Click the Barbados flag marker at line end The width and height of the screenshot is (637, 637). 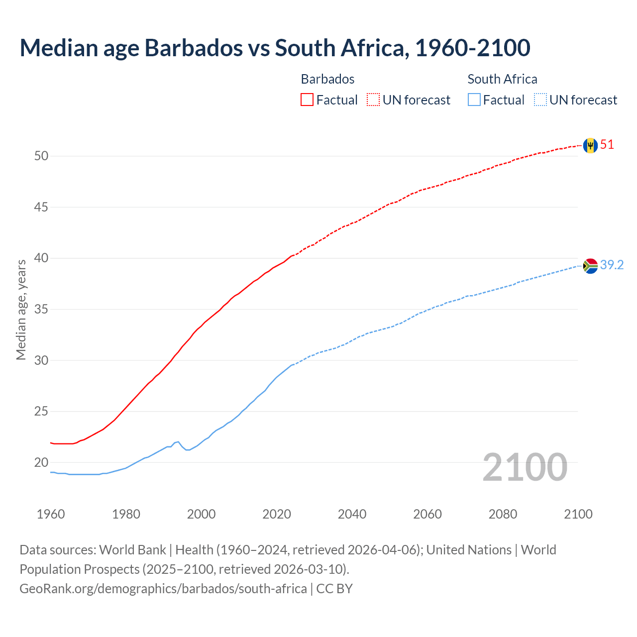tap(590, 145)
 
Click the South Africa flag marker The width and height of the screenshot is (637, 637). tap(590, 266)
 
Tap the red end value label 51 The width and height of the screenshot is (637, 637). tap(607, 145)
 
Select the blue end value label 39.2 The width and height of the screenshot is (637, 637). tap(612, 265)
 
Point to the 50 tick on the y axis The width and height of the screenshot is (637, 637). tap(41, 156)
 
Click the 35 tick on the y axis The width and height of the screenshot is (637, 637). tap(41, 310)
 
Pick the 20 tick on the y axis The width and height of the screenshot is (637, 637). tap(41, 463)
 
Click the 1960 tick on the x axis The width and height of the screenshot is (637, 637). tap(51, 514)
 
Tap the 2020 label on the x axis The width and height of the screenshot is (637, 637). tap(277, 514)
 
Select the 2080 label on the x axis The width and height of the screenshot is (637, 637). tap(503, 514)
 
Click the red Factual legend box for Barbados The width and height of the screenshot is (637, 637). tap(307, 100)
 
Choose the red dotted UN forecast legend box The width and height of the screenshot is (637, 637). tap(373, 100)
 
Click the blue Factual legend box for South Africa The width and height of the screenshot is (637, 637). tap(474, 100)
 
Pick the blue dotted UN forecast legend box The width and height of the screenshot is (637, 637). tap(540, 100)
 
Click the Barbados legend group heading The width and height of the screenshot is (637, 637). tap(327, 79)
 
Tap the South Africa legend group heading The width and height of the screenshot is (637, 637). tap(502, 79)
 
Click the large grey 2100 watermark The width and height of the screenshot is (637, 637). tap(525, 467)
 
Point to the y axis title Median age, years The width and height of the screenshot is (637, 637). tap(21, 310)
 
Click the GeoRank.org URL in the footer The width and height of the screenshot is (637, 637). tap(163, 588)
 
